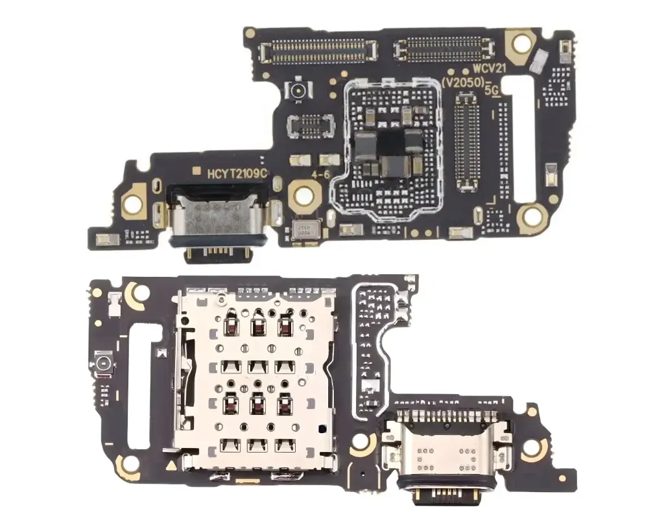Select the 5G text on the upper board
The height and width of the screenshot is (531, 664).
pos(493,92)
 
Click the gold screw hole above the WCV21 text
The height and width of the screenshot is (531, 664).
pos(520,43)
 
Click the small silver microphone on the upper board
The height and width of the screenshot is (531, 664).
pos(305,230)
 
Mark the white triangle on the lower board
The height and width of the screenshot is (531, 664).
pos(171,464)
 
